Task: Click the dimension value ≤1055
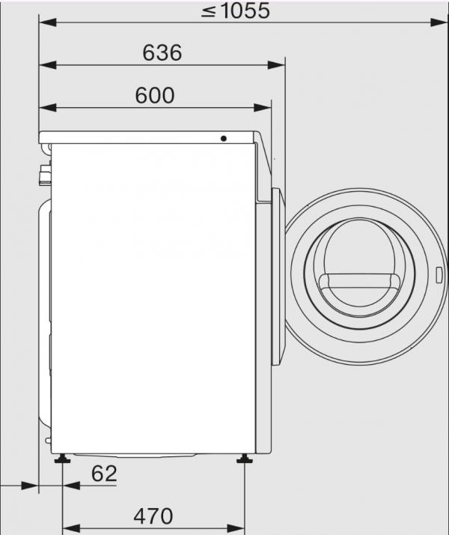click(x=234, y=11)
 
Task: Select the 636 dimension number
click(x=161, y=53)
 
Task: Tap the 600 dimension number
click(x=155, y=96)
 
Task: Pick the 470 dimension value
click(x=153, y=516)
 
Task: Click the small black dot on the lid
click(x=223, y=139)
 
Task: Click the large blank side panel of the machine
click(x=150, y=300)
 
